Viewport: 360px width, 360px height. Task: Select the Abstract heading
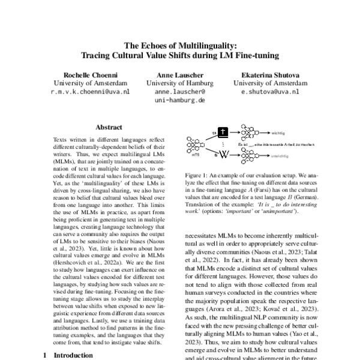pyautogui.click(x=109, y=127)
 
